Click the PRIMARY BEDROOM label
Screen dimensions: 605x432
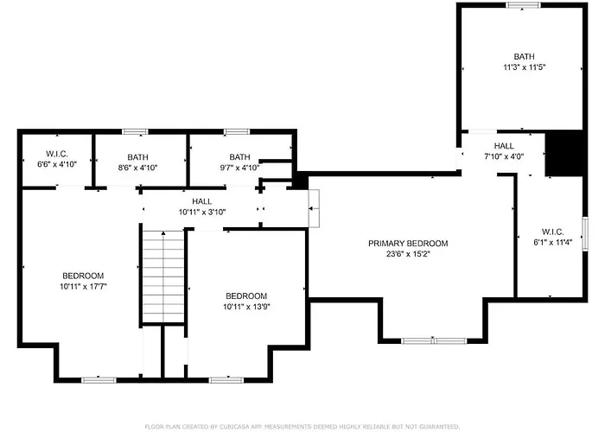click(408, 244)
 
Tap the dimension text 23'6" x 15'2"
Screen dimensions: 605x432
click(408, 254)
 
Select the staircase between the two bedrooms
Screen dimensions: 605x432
click(163, 276)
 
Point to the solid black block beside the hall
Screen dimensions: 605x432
click(564, 153)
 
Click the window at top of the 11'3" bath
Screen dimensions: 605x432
click(523, 5)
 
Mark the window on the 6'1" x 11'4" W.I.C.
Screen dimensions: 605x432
click(585, 234)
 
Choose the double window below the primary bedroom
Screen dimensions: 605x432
click(434, 341)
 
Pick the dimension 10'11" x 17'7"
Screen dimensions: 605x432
click(83, 287)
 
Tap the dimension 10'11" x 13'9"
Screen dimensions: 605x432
click(246, 307)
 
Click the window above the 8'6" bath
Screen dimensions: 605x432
click(135, 132)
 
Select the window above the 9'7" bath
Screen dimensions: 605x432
click(237, 132)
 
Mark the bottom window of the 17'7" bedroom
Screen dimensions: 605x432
click(99, 380)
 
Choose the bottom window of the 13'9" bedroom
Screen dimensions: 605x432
click(226, 380)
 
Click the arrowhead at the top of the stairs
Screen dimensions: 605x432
click(163, 233)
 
